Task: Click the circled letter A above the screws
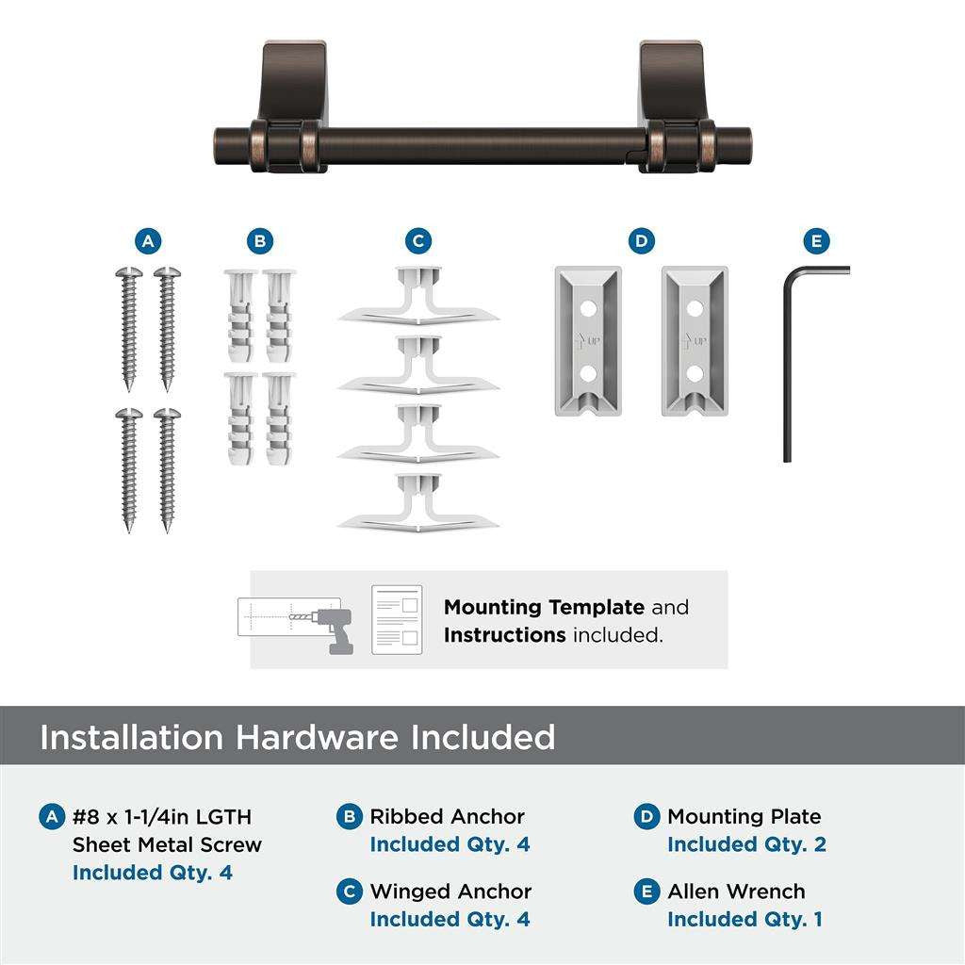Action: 146,242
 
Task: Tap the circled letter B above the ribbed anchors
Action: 260,242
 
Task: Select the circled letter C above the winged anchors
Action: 418,242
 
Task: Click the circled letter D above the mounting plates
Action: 641,242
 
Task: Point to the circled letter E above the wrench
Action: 816,242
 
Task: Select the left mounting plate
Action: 586,341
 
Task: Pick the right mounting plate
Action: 694,341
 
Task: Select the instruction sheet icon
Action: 397,619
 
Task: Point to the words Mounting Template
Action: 544,608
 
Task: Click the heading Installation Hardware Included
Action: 297,737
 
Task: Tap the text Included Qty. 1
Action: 744,919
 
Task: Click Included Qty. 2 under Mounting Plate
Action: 746,844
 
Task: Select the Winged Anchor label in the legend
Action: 450,891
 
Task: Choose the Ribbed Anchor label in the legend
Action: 447,817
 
